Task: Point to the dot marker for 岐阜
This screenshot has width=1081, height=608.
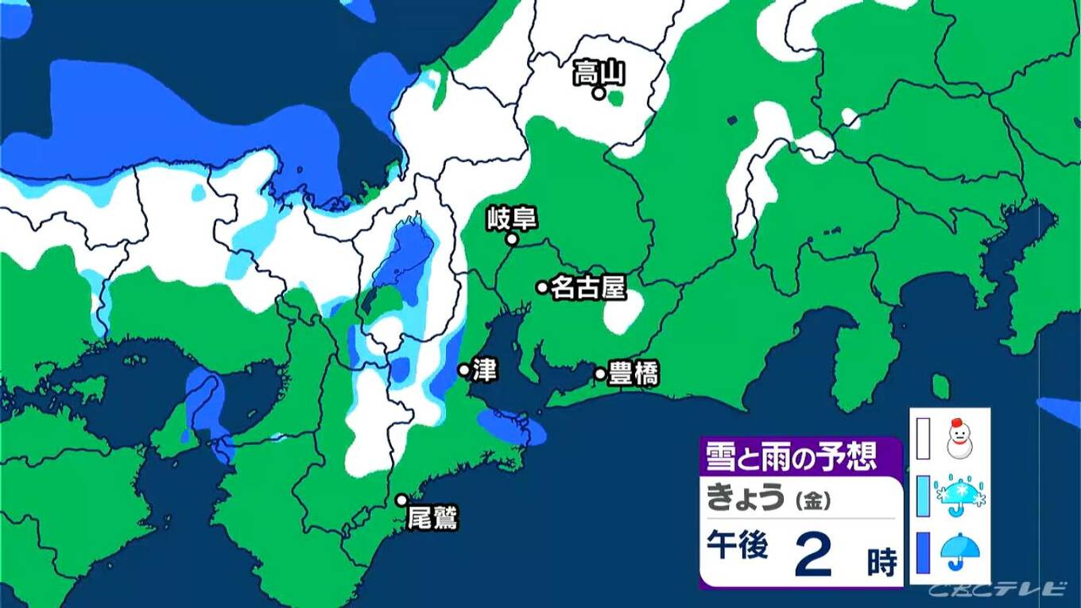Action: [513, 238]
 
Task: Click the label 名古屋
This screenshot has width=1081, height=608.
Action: [588, 288]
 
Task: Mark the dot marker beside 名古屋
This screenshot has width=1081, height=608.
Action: [542, 288]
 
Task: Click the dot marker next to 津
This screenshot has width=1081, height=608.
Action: [463, 370]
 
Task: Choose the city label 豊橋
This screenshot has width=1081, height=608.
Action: [633, 374]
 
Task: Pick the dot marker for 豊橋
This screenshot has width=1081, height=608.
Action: [600, 374]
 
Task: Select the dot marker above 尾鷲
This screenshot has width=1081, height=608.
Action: [402, 500]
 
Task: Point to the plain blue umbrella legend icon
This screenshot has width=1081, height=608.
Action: [959, 550]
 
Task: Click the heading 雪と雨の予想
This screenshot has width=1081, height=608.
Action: [791, 456]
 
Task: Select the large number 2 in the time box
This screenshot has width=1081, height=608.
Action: [812, 556]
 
